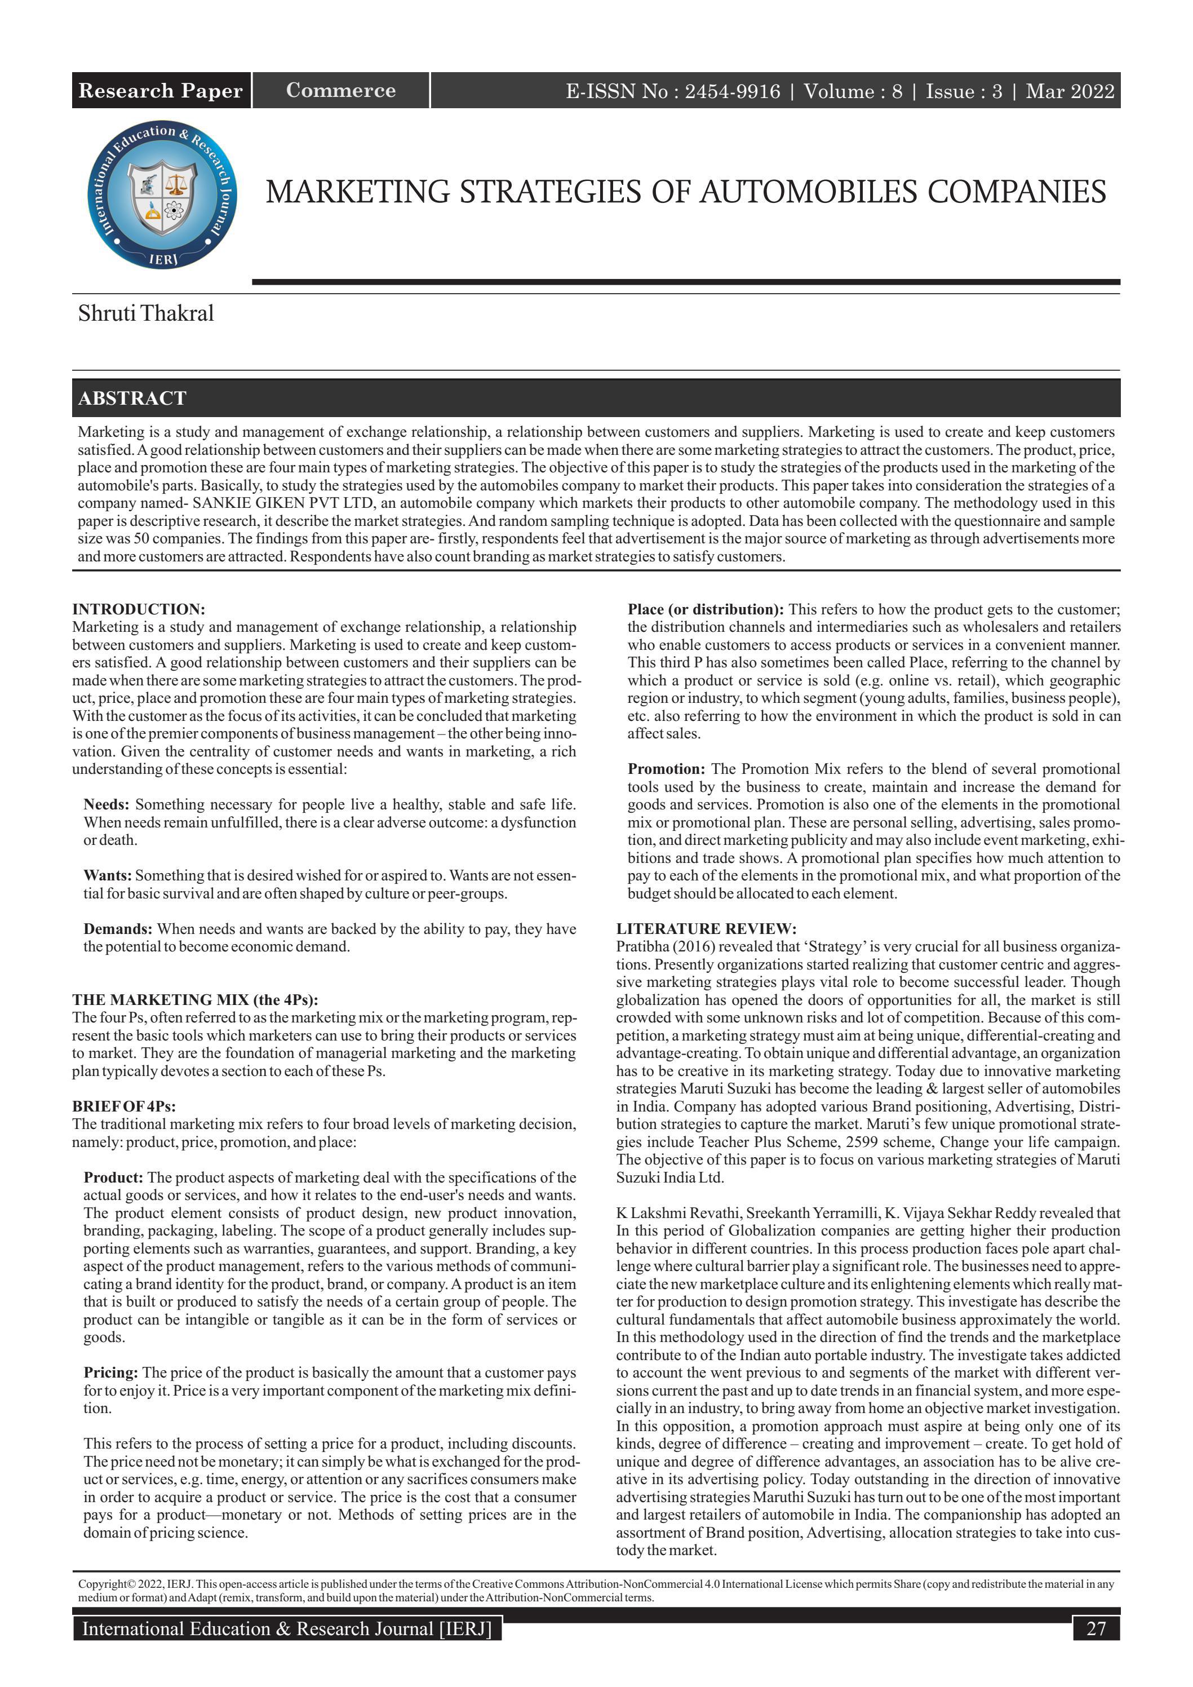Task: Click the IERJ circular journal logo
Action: click(x=162, y=194)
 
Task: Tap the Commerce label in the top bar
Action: click(x=341, y=90)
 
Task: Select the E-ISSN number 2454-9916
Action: click(x=733, y=91)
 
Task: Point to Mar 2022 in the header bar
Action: click(x=1070, y=91)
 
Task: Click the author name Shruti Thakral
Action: click(x=145, y=314)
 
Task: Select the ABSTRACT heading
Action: click(x=132, y=398)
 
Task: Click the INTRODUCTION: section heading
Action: click(x=138, y=609)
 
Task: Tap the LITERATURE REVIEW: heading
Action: click(x=706, y=929)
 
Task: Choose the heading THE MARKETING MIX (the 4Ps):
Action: click(x=194, y=1000)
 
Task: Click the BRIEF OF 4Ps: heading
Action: click(x=123, y=1106)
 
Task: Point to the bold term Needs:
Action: click(x=107, y=804)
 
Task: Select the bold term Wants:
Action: click(x=107, y=876)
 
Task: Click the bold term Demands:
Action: click(x=118, y=929)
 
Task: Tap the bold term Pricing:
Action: click(x=111, y=1373)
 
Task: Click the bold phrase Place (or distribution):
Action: click(x=705, y=609)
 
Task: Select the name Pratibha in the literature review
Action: click(x=641, y=947)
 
